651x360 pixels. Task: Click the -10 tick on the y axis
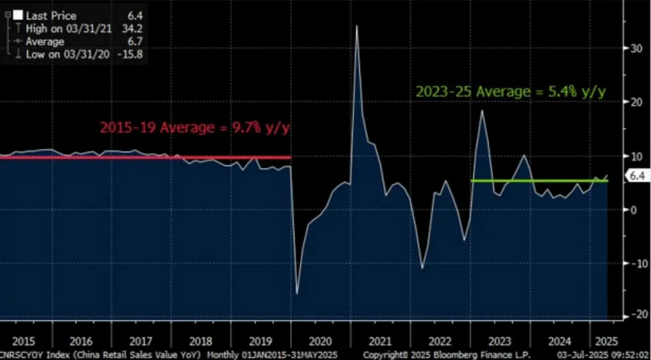[x=634, y=263]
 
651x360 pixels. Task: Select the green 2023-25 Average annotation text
[x=511, y=91]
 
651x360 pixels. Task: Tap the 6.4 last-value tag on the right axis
[x=636, y=177]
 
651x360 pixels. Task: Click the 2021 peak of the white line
[x=356, y=26]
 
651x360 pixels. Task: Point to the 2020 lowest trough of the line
[x=297, y=293]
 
